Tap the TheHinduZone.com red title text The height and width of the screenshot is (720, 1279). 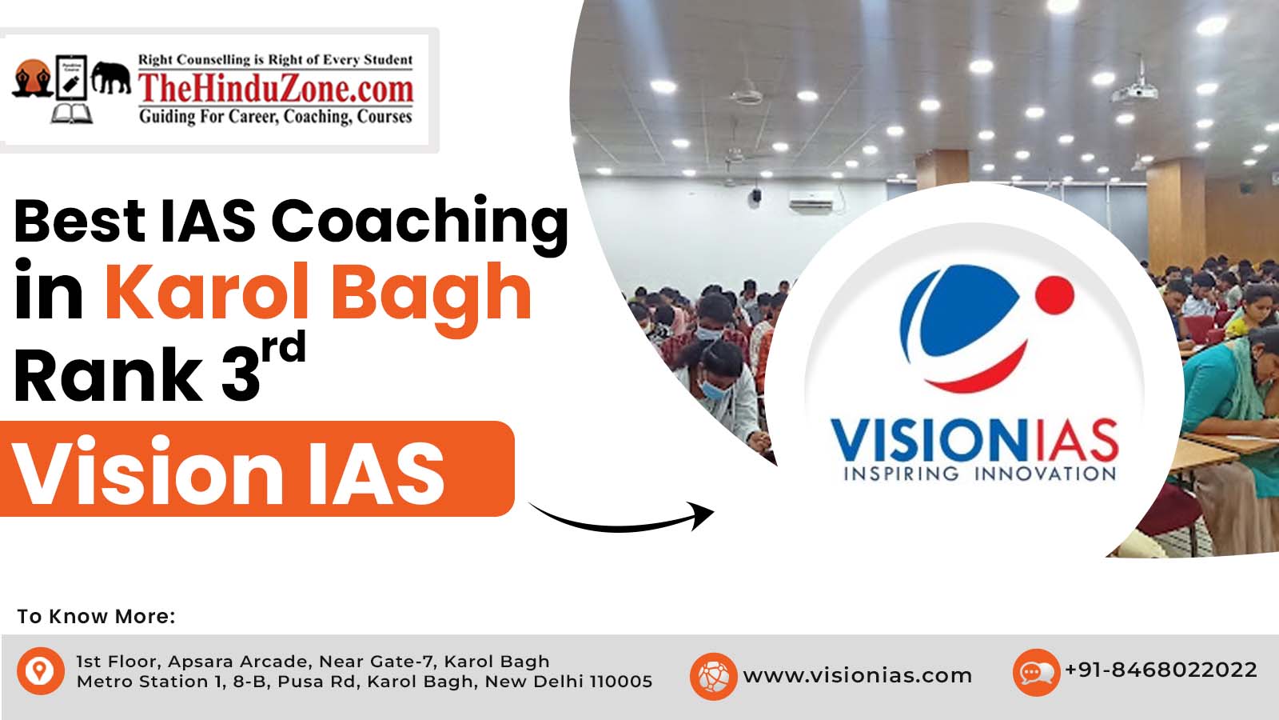[276, 89]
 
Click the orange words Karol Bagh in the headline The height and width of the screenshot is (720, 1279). [319, 294]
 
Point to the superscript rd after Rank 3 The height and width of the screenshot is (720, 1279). [284, 347]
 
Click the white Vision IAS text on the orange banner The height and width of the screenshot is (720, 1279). [229, 470]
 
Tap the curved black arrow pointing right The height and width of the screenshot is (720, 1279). [622, 517]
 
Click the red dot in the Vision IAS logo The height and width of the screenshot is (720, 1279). [1054, 295]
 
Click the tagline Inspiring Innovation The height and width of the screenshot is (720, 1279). [980, 474]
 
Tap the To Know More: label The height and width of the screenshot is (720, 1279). [96, 617]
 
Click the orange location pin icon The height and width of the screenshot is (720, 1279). [41, 671]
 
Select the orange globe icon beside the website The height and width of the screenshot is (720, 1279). [713, 677]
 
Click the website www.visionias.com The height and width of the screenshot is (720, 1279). [858, 676]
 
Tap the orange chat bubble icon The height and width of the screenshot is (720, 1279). [1036, 673]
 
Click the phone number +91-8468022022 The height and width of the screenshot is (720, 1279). [1161, 670]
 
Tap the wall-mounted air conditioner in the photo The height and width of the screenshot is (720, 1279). [811, 204]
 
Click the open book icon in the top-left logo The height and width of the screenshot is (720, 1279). [71, 114]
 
